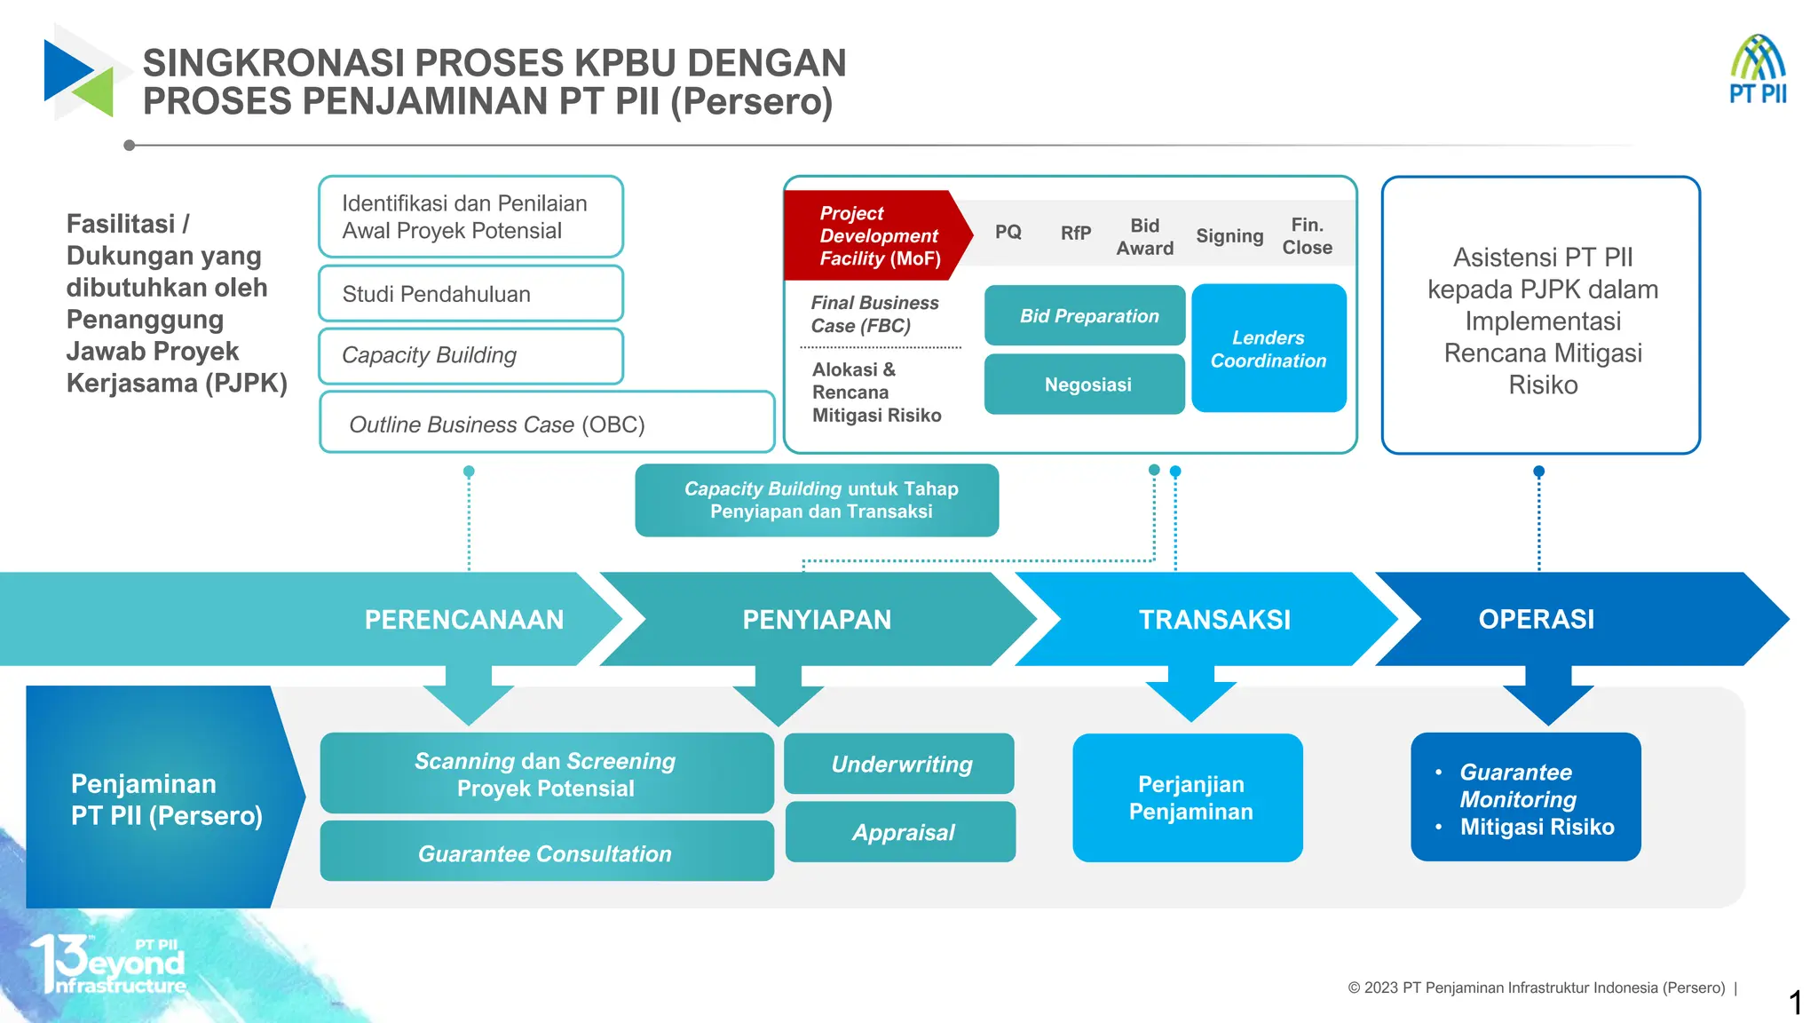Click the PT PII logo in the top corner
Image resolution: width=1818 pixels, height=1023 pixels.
1757,70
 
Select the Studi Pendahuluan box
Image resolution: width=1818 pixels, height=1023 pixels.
470,294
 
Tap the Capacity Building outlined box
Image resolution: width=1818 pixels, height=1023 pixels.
470,355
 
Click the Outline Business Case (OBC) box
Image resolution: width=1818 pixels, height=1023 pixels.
546,424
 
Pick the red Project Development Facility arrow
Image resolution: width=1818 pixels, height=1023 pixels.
875,235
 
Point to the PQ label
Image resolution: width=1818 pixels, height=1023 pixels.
1008,232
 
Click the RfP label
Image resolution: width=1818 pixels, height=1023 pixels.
1075,233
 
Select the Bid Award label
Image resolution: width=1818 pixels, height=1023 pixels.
1144,237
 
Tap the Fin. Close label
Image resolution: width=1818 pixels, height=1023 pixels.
1307,236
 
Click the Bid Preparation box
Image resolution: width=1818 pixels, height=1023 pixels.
1085,315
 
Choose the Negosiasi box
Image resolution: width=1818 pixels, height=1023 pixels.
1085,385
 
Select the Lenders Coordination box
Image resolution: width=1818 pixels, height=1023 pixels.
1269,348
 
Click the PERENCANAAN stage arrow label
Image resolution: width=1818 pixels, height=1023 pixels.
463,619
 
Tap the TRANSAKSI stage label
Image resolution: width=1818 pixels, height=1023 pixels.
1214,619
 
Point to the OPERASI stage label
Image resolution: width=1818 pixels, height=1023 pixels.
1536,619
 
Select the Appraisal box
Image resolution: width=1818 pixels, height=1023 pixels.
901,832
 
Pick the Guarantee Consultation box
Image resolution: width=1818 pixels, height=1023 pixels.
546,852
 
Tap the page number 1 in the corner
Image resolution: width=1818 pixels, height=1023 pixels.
1795,1003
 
